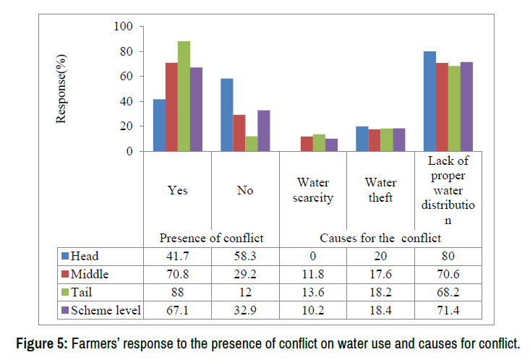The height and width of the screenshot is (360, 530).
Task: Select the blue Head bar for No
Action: [226, 115]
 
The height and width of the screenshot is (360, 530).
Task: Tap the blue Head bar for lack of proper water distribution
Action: [430, 101]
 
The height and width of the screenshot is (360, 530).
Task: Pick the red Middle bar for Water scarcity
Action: [307, 144]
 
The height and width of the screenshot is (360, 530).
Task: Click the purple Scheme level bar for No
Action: [263, 131]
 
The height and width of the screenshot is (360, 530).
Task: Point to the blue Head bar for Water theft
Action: [362, 139]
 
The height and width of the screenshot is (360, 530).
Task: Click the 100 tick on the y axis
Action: [124, 27]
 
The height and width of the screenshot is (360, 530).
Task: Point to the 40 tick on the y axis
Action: [127, 102]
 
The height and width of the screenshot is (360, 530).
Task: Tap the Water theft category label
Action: [380, 191]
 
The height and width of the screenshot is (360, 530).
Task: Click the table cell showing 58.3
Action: [245, 255]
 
